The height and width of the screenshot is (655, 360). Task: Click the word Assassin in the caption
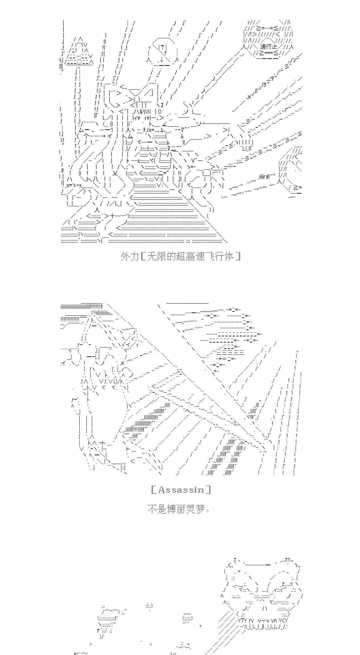pos(181,490)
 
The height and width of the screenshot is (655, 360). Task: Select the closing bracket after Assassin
pos(208,490)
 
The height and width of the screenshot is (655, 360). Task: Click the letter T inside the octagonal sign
pos(163,47)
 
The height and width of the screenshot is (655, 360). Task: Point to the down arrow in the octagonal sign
pos(162,60)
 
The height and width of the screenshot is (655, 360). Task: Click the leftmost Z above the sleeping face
pos(235,559)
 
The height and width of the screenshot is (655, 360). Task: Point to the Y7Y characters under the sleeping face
pos(242,621)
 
